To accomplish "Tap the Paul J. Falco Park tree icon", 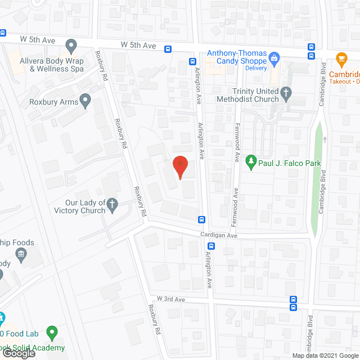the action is click(x=250, y=163).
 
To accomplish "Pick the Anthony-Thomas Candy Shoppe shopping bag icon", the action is click(x=274, y=57).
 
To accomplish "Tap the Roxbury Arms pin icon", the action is click(x=85, y=102).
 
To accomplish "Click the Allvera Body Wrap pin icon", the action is click(x=70, y=45).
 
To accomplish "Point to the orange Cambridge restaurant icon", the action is click(x=340, y=58).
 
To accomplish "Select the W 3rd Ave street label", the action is click(x=171, y=299).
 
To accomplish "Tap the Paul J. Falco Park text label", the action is click(x=290, y=164).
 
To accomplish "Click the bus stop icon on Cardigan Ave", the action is click(x=211, y=246).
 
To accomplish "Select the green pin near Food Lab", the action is click(x=52, y=333).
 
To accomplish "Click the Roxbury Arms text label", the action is click(x=54, y=102).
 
